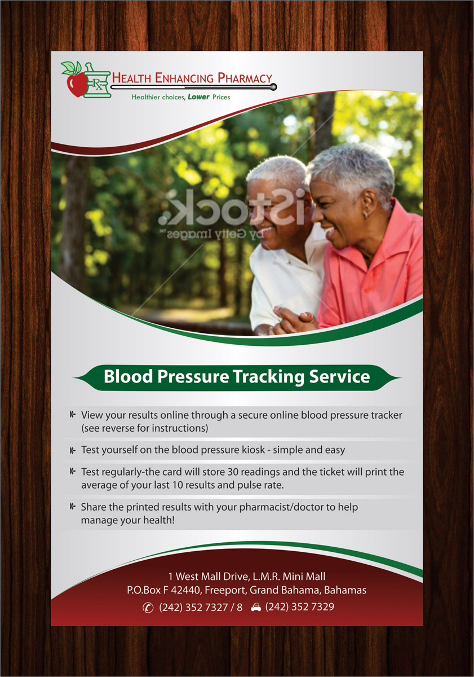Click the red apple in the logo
coord(76,85)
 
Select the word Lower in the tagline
coord(198,97)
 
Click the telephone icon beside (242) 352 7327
coord(148,608)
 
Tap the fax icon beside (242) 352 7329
coord(256,608)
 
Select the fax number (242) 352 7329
coord(299,608)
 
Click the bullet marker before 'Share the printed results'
coord(73,507)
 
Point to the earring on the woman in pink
coord(365,216)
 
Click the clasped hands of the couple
coord(290,320)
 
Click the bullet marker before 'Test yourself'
coord(73,450)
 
